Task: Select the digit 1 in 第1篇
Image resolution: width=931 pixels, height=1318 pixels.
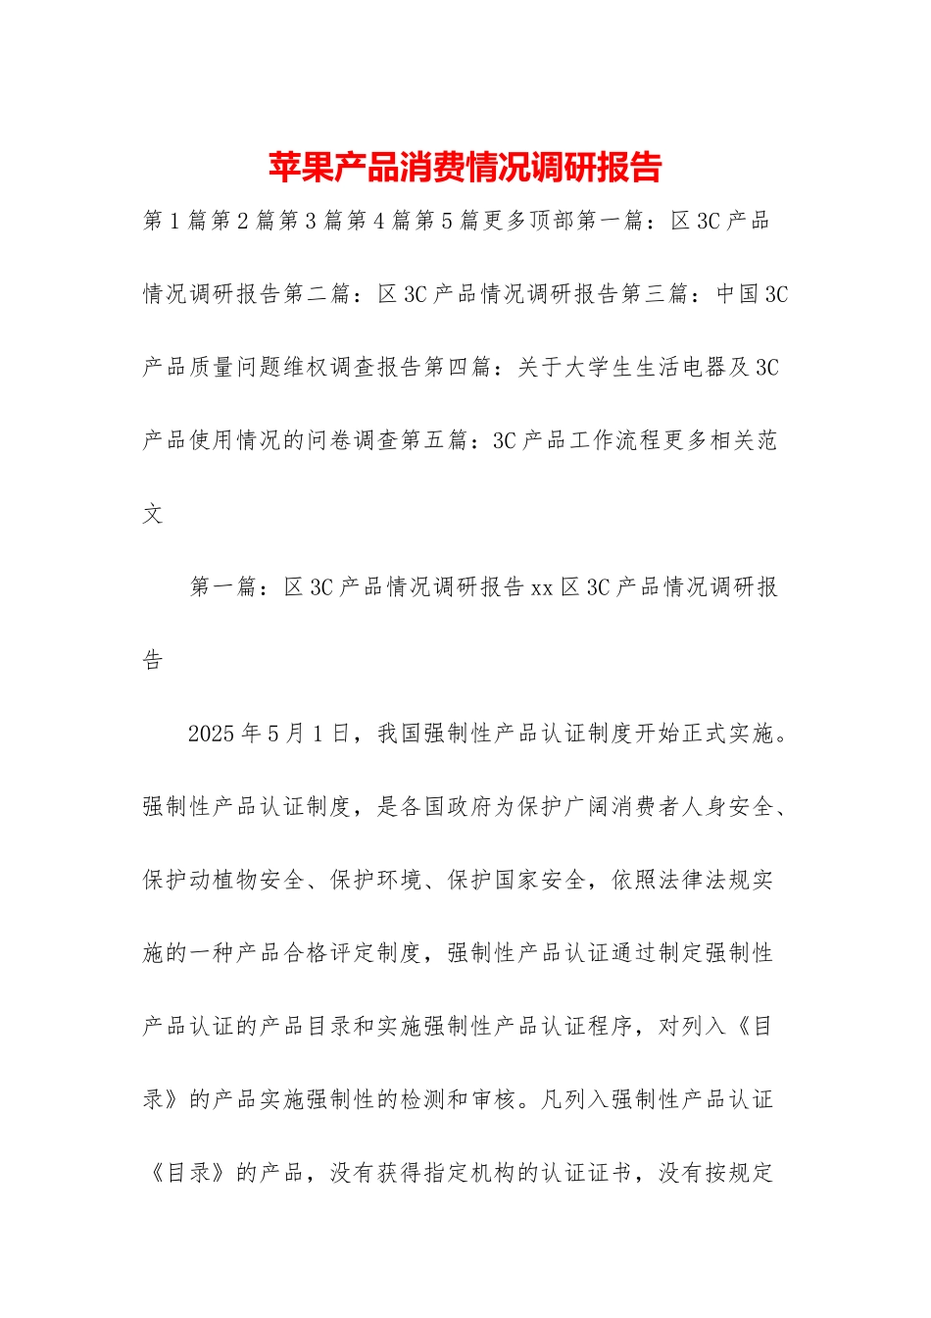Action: click(175, 221)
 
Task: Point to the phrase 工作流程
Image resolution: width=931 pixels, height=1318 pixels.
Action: click(616, 441)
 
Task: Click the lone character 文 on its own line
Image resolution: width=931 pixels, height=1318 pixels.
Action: click(153, 514)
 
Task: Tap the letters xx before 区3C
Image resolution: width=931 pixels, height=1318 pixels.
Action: click(542, 587)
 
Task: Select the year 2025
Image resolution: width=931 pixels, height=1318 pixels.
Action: click(212, 734)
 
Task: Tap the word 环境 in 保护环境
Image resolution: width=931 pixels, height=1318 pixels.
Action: click(401, 881)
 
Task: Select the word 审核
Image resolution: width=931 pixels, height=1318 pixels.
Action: click(494, 1099)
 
